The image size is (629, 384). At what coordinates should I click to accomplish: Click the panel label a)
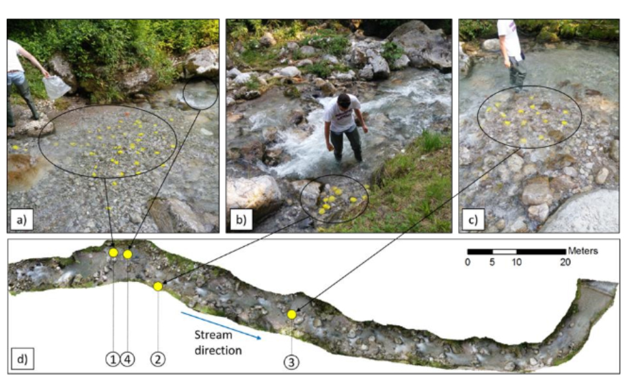[22, 220]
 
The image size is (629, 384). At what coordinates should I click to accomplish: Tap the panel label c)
[473, 220]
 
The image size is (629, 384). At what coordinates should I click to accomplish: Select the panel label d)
[23, 359]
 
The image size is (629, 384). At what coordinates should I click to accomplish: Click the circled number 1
[113, 359]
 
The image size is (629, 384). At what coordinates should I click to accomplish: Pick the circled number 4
[127, 359]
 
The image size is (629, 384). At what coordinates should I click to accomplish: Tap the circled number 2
[158, 359]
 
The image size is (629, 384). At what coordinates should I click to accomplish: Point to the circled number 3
[291, 362]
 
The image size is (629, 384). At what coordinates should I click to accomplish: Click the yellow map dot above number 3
[292, 314]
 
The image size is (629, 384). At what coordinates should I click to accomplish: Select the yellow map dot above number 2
[158, 286]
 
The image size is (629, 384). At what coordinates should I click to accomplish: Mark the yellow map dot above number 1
[113, 253]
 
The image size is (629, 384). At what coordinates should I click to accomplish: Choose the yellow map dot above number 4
[128, 254]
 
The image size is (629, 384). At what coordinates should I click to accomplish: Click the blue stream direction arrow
[221, 325]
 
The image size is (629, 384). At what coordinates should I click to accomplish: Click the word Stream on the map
[213, 335]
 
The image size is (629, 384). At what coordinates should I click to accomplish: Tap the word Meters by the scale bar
[583, 251]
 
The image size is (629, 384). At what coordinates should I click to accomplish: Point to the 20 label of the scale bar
[565, 262]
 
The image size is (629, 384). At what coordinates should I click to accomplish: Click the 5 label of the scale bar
[492, 262]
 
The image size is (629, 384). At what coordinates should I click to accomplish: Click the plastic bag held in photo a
[56, 87]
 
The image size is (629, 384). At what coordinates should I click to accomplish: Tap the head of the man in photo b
[343, 101]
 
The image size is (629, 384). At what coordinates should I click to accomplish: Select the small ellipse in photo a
[200, 94]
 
